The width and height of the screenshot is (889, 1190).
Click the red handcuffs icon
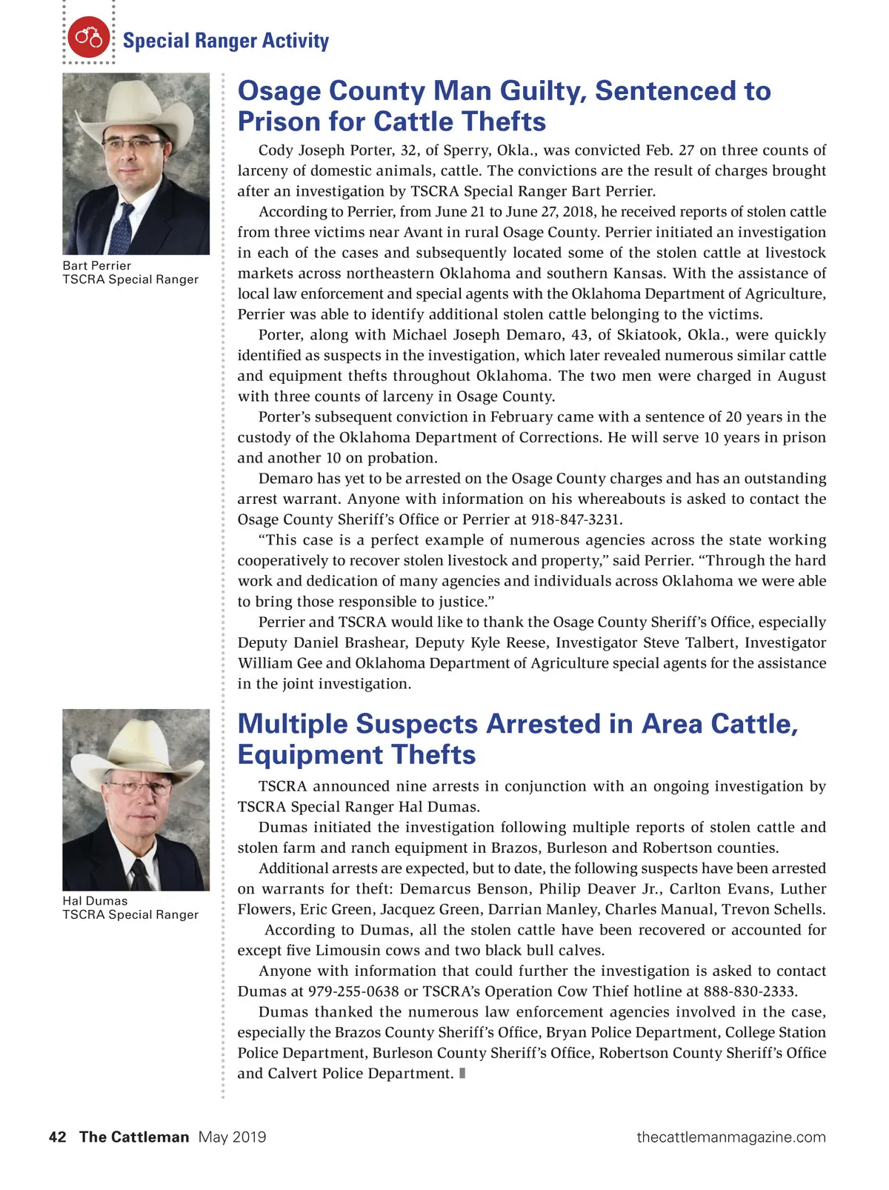(88, 37)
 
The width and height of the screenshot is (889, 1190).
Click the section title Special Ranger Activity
(225, 41)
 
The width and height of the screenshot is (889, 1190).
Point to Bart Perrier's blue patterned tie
(122, 227)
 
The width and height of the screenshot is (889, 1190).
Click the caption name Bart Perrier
(96, 265)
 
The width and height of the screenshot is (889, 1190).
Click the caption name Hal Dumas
(95, 900)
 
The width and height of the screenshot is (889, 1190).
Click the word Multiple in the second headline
(294, 724)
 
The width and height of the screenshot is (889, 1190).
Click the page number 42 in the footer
(57, 1137)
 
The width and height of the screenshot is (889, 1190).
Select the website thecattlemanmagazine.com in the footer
(730, 1137)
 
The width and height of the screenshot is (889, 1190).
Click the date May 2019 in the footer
(232, 1137)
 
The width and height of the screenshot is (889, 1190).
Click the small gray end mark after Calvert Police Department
(462, 1073)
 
